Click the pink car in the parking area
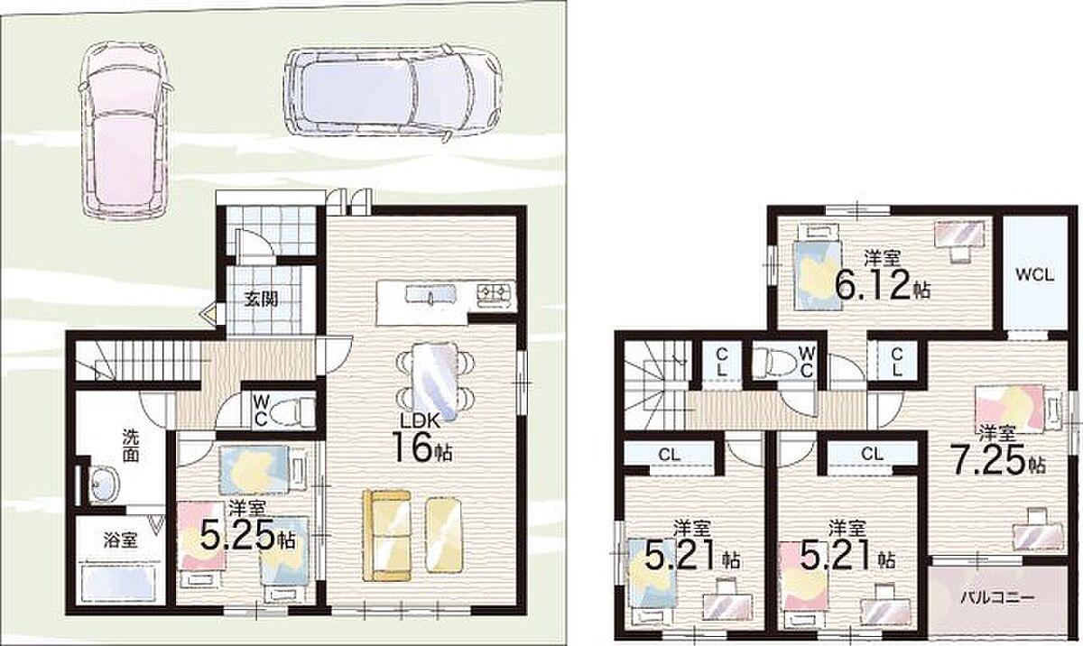pos(125,130)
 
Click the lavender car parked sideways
pos(393,91)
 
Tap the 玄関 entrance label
pos(261,300)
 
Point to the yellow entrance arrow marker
pos(209,314)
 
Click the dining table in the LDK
pos(435,382)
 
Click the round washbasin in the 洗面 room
pos(104,484)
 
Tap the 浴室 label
pos(120,540)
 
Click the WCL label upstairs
pos(1034,275)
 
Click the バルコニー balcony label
pos(997,598)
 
